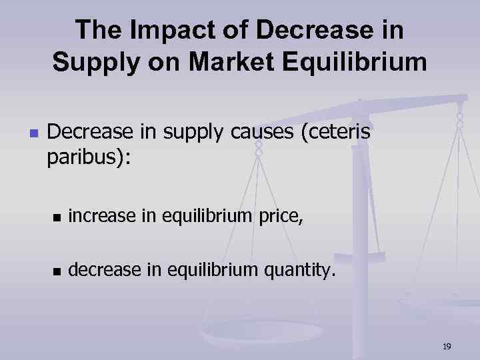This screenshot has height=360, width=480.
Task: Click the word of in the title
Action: (233, 31)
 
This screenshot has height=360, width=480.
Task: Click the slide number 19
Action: (447, 346)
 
